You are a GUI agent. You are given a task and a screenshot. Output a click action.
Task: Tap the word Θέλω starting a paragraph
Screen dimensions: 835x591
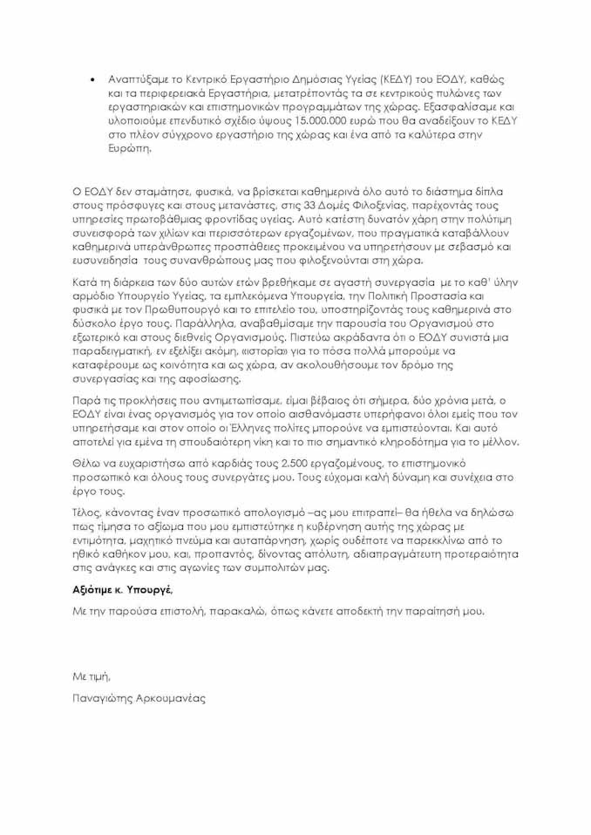[85, 464]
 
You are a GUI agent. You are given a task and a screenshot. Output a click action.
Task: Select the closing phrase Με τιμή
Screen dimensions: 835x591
[92, 676]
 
